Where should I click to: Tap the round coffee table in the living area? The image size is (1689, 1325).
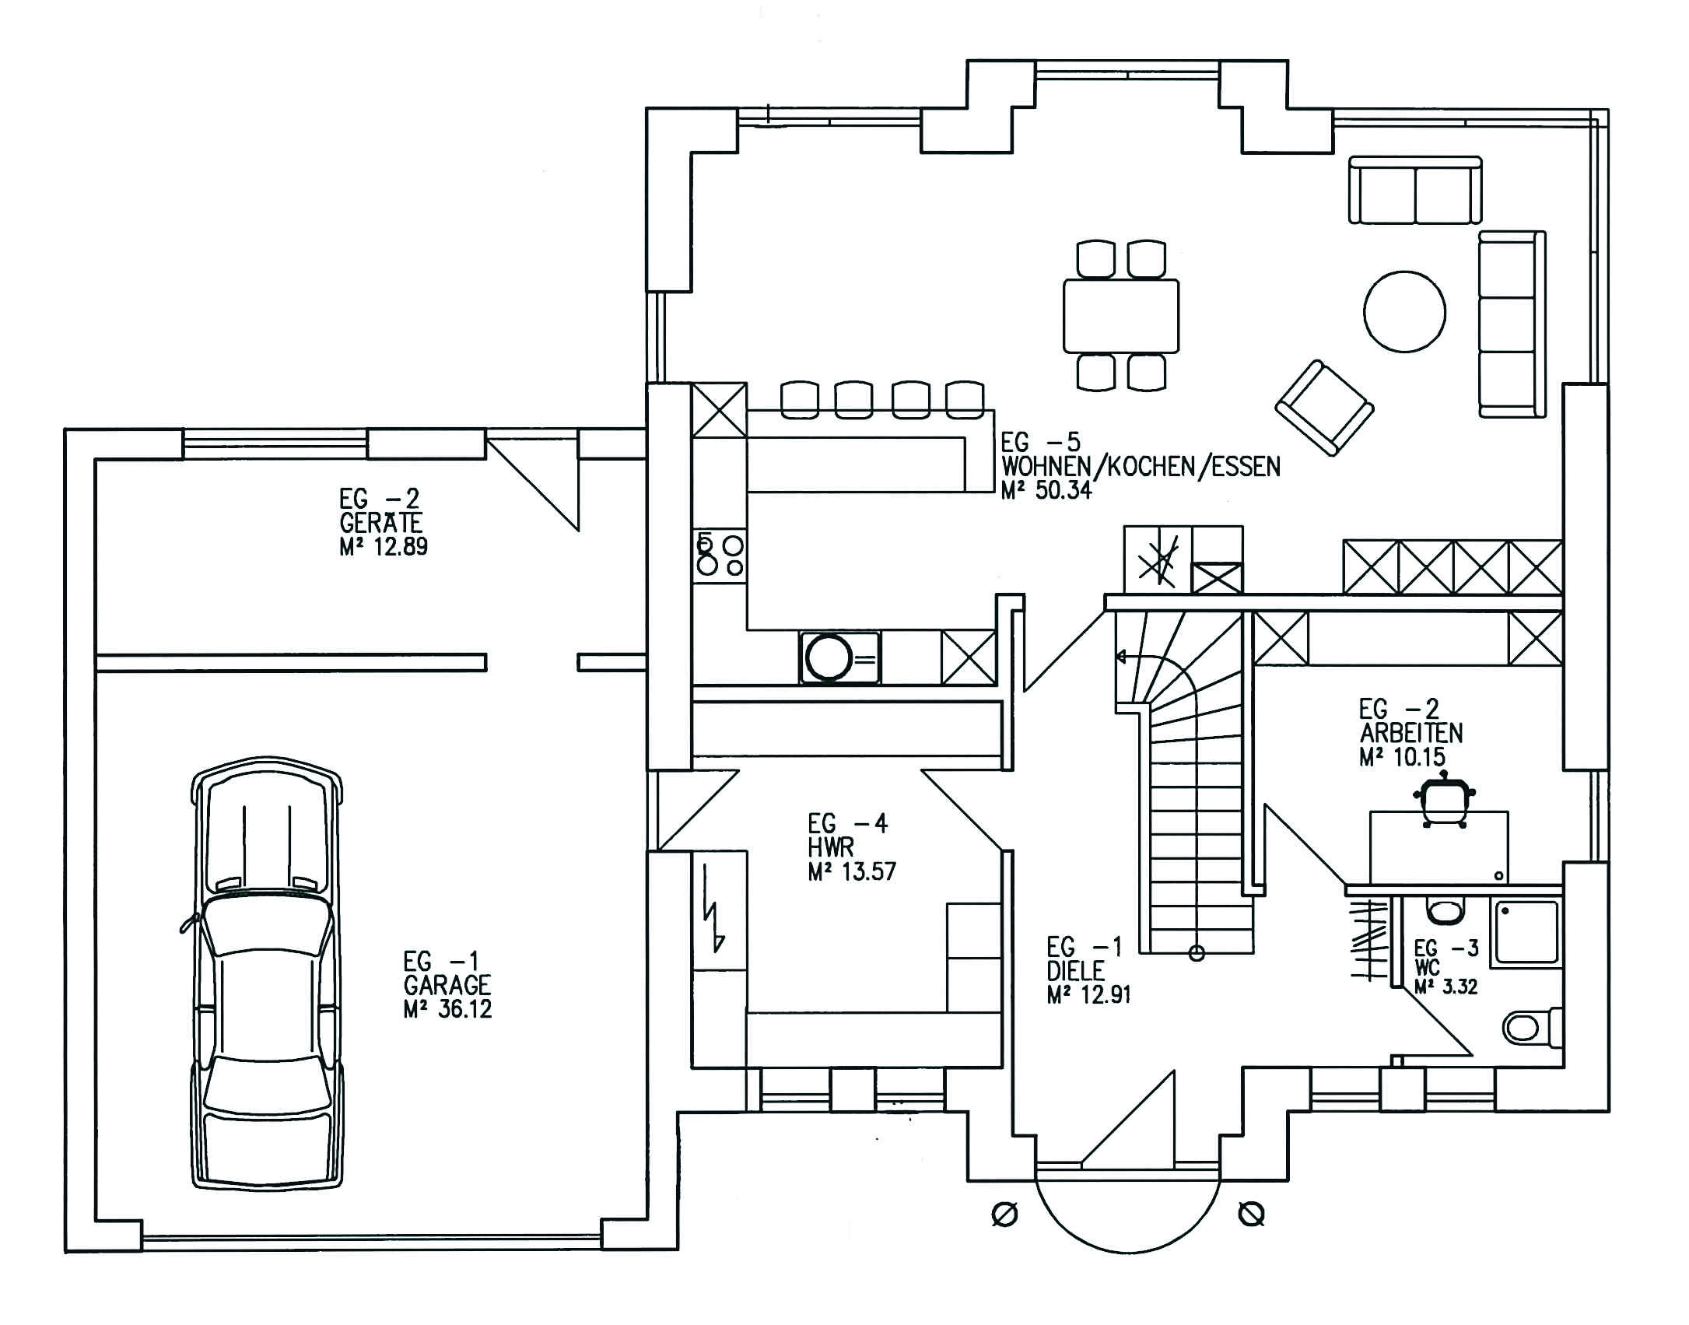[1404, 312]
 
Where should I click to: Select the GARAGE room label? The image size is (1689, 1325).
[447, 985]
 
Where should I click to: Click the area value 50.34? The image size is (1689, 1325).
[1062, 490]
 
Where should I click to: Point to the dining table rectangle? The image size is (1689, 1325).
[1121, 315]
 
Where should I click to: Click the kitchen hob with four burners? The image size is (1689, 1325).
[719, 553]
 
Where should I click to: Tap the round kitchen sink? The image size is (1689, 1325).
[829, 658]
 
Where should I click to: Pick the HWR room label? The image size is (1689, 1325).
[831, 847]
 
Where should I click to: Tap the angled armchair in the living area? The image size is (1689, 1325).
[1324, 407]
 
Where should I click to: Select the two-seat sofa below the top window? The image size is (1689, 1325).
[1415, 190]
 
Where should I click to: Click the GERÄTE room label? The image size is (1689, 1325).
[381, 522]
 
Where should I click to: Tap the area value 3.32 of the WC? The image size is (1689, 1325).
[1457, 987]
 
